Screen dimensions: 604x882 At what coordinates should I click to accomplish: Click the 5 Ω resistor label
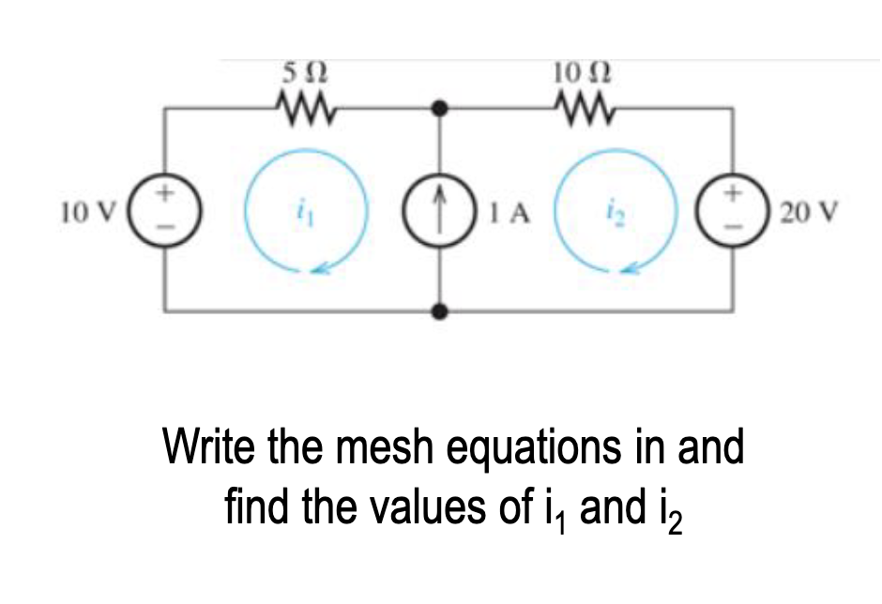tap(306, 71)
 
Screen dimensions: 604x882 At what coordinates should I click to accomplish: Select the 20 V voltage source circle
tap(732, 212)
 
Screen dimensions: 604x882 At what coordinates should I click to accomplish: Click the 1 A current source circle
tap(438, 212)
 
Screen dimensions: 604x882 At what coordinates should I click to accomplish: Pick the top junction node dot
tap(438, 110)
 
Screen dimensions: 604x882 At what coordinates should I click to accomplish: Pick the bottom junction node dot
tap(438, 311)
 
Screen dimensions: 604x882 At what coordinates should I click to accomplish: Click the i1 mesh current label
tap(303, 213)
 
